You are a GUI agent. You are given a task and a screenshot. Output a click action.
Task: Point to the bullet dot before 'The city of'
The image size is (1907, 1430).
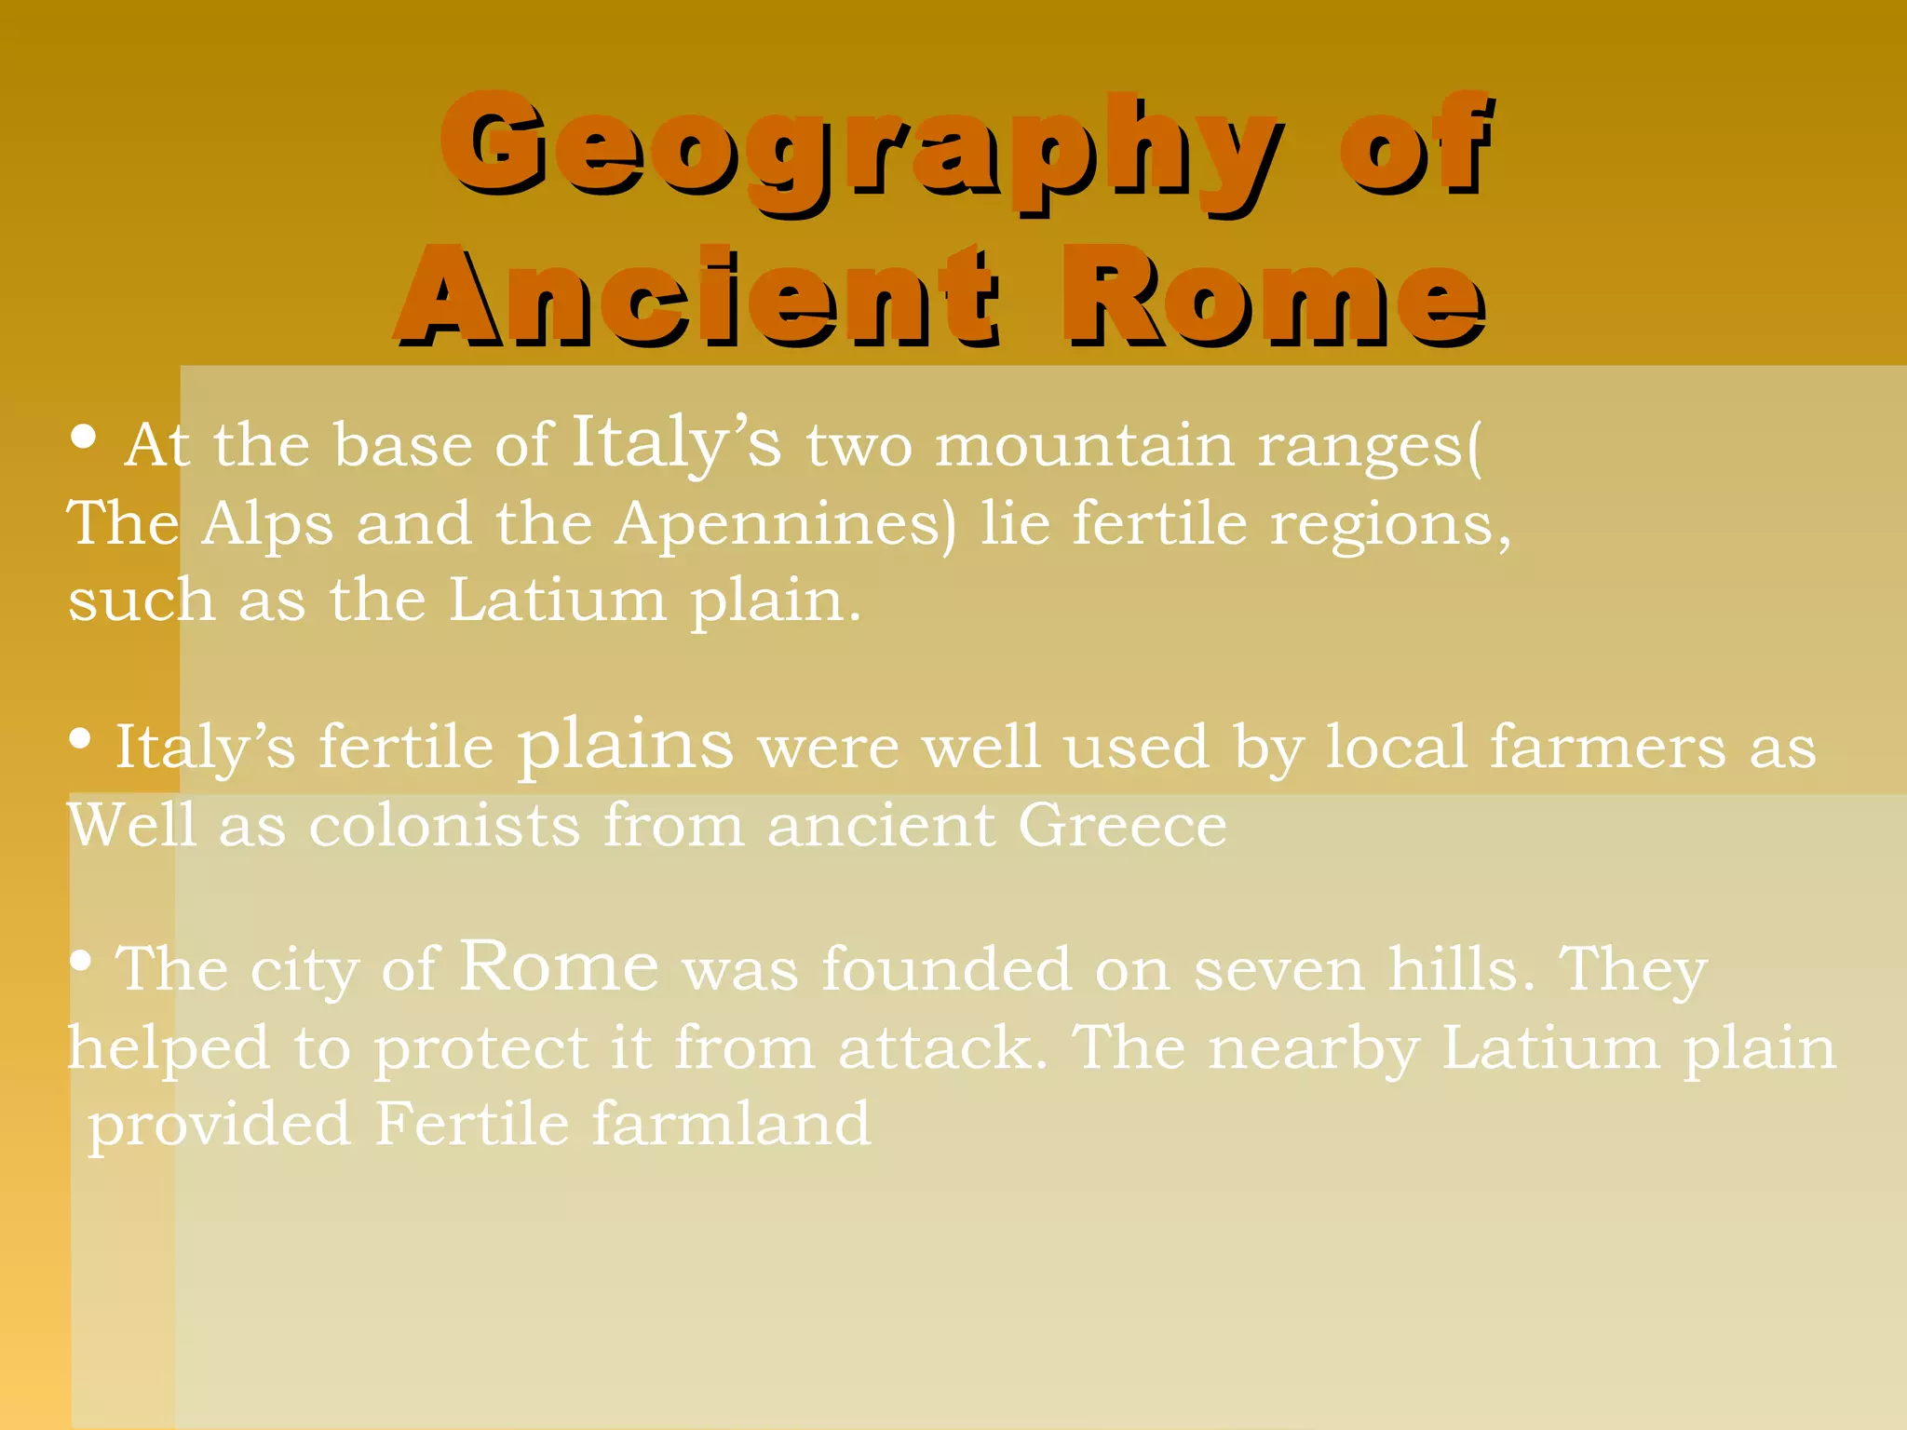coord(81,963)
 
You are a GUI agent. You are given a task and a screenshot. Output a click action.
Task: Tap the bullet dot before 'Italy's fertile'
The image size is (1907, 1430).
coord(81,740)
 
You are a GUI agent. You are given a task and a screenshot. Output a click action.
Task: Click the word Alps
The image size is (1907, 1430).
coord(267,524)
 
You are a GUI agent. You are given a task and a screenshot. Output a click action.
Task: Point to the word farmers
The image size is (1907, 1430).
coord(1607,747)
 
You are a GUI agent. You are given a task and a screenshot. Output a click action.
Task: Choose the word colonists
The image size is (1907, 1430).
coord(445,825)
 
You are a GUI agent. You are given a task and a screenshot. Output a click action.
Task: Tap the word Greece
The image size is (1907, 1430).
coord(1122,825)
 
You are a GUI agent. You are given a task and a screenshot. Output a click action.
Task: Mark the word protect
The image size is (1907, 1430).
coord(481,1049)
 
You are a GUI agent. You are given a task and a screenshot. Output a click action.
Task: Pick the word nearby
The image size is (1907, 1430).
coord(1314,1049)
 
